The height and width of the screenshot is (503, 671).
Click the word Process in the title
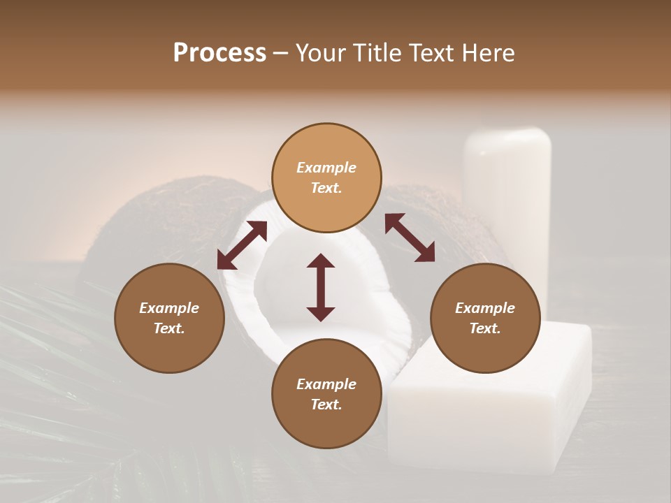(x=219, y=53)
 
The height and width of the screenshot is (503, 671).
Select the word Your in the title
(x=319, y=53)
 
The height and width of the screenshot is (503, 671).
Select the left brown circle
(x=169, y=342)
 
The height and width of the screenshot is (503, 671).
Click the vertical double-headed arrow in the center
(x=321, y=287)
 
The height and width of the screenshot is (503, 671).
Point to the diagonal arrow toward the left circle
(x=242, y=245)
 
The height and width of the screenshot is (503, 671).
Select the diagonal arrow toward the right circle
(x=410, y=238)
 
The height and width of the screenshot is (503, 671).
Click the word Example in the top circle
(x=326, y=168)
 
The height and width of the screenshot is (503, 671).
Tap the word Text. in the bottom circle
(x=326, y=404)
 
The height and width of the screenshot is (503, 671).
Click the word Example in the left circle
(x=169, y=308)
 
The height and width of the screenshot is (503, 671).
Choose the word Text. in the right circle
(x=485, y=328)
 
